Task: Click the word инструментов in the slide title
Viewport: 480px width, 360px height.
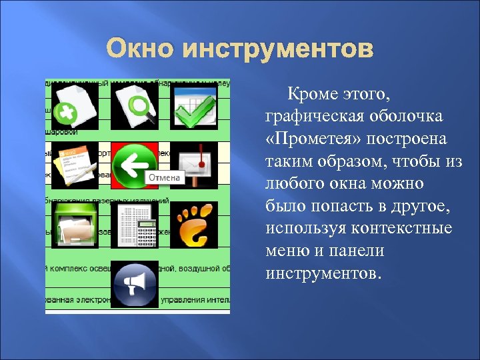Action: pyautogui.click(x=279, y=49)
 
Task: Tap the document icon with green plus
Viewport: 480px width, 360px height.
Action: pyautogui.click(x=75, y=105)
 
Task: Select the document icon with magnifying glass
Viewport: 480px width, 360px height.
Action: pyautogui.click(x=135, y=105)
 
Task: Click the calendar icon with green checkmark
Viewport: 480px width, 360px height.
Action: pyautogui.click(x=193, y=105)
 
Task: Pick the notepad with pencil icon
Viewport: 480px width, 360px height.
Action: pyautogui.click(x=75, y=164)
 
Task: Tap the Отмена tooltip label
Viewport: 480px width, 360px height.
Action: pyautogui.click(x=163, y=178)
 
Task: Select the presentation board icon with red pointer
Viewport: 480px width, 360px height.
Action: pyautogui.click(x=193, y=164)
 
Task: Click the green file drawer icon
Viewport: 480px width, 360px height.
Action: pyautogui.click(x=75, y=224)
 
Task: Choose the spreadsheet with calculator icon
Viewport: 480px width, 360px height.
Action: pyautogui.click(x=135, y=224)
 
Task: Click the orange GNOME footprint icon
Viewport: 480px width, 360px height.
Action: pyautogui.click(x=193, y=224)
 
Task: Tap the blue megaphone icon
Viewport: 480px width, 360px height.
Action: pyautogui.click(x=135, y=283)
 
